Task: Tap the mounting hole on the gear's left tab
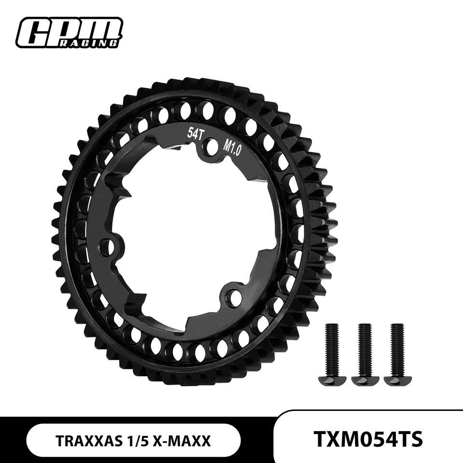click(x=109, y=247)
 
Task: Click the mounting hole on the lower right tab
click(x=235, y=298)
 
